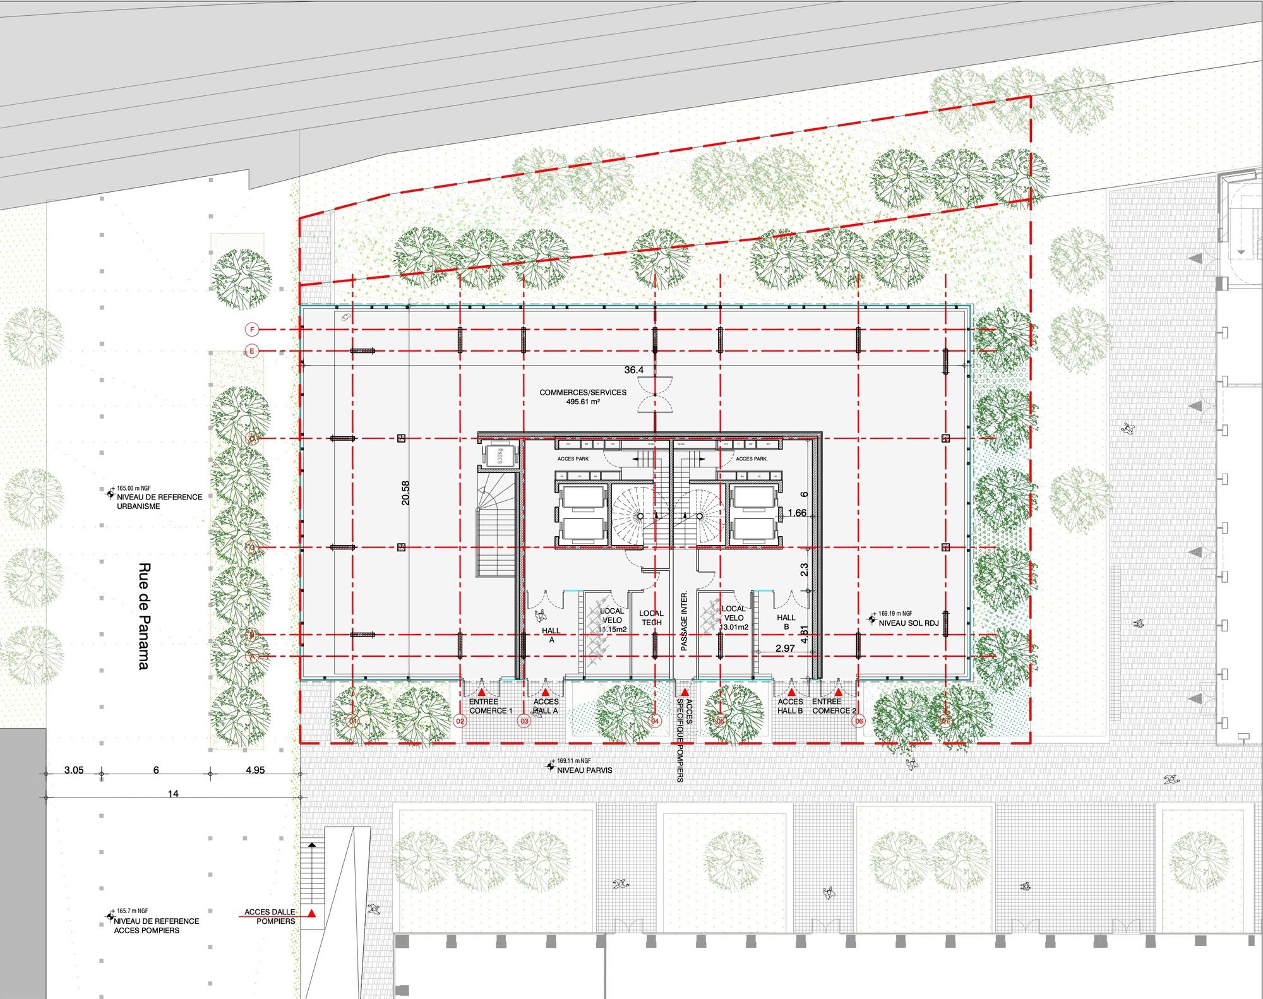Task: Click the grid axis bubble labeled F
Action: coord(252,330)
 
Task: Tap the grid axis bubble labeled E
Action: coord(252,351)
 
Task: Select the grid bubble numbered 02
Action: coord(460,721)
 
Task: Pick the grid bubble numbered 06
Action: coord(858,721)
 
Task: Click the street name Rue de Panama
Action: coord(145,616)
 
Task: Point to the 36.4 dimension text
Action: coord(633,370)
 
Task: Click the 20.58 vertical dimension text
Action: coord(405,493)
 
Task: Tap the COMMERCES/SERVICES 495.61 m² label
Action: coord(583,397)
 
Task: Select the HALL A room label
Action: coord(551,635)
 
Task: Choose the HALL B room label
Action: coord(786,622)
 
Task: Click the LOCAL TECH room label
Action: coord(651,618)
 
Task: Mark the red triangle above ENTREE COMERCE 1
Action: coord(481,693)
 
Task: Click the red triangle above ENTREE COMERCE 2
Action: coord(838,693)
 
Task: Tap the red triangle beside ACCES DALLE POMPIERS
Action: coord(311,913)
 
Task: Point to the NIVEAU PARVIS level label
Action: coord(584,770)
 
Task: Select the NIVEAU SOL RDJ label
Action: coord(909,623)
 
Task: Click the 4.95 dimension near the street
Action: coord(255,770)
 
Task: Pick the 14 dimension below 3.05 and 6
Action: coord(173,794)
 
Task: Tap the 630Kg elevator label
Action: coord(500,455)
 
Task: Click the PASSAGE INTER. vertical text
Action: coord(684,621)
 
